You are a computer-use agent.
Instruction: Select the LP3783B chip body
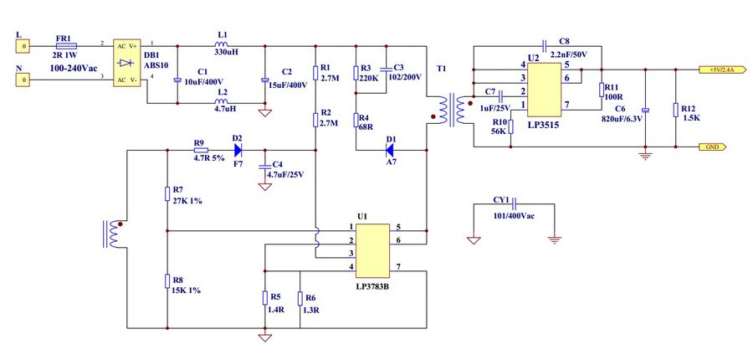coord(371,250)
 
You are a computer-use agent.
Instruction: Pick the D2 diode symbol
coord(238,150)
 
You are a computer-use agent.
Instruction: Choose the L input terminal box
coord(24,47)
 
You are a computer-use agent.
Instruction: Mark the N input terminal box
coord(24,80)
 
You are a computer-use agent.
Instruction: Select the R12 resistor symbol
coord(675,110)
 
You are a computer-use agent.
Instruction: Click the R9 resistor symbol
coord(200,150)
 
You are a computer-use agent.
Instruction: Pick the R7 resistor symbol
coord(167,193)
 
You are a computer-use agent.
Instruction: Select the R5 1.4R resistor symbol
coord(265,298)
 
